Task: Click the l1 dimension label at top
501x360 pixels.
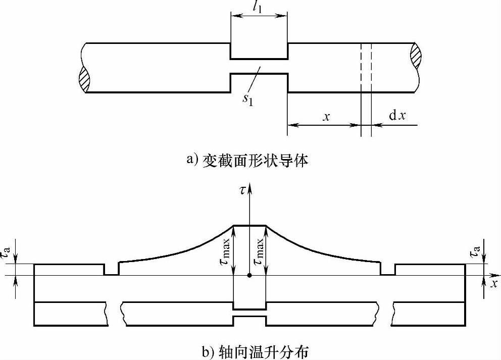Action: (259, 8)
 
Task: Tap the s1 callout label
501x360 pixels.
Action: (247, 97)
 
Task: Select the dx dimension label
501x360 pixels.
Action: (396, 117)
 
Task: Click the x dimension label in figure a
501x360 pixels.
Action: (327, 117)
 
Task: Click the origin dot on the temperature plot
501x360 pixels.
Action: (249, 275)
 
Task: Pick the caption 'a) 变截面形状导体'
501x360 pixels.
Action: (247, 161)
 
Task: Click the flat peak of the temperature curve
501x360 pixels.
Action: (249, 226)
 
